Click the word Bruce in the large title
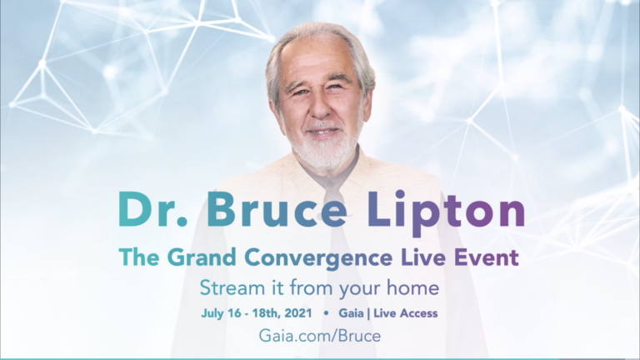coord(277,208)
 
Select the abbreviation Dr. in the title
coord(152,208)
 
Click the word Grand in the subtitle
coord(202,257)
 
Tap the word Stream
coord(232,287)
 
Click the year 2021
coord(298,313)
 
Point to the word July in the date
coord(212,313)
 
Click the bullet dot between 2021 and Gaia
coord(326,313)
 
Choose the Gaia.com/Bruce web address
coord(320,336)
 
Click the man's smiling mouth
coord(322,132)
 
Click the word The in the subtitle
coord(139,257)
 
